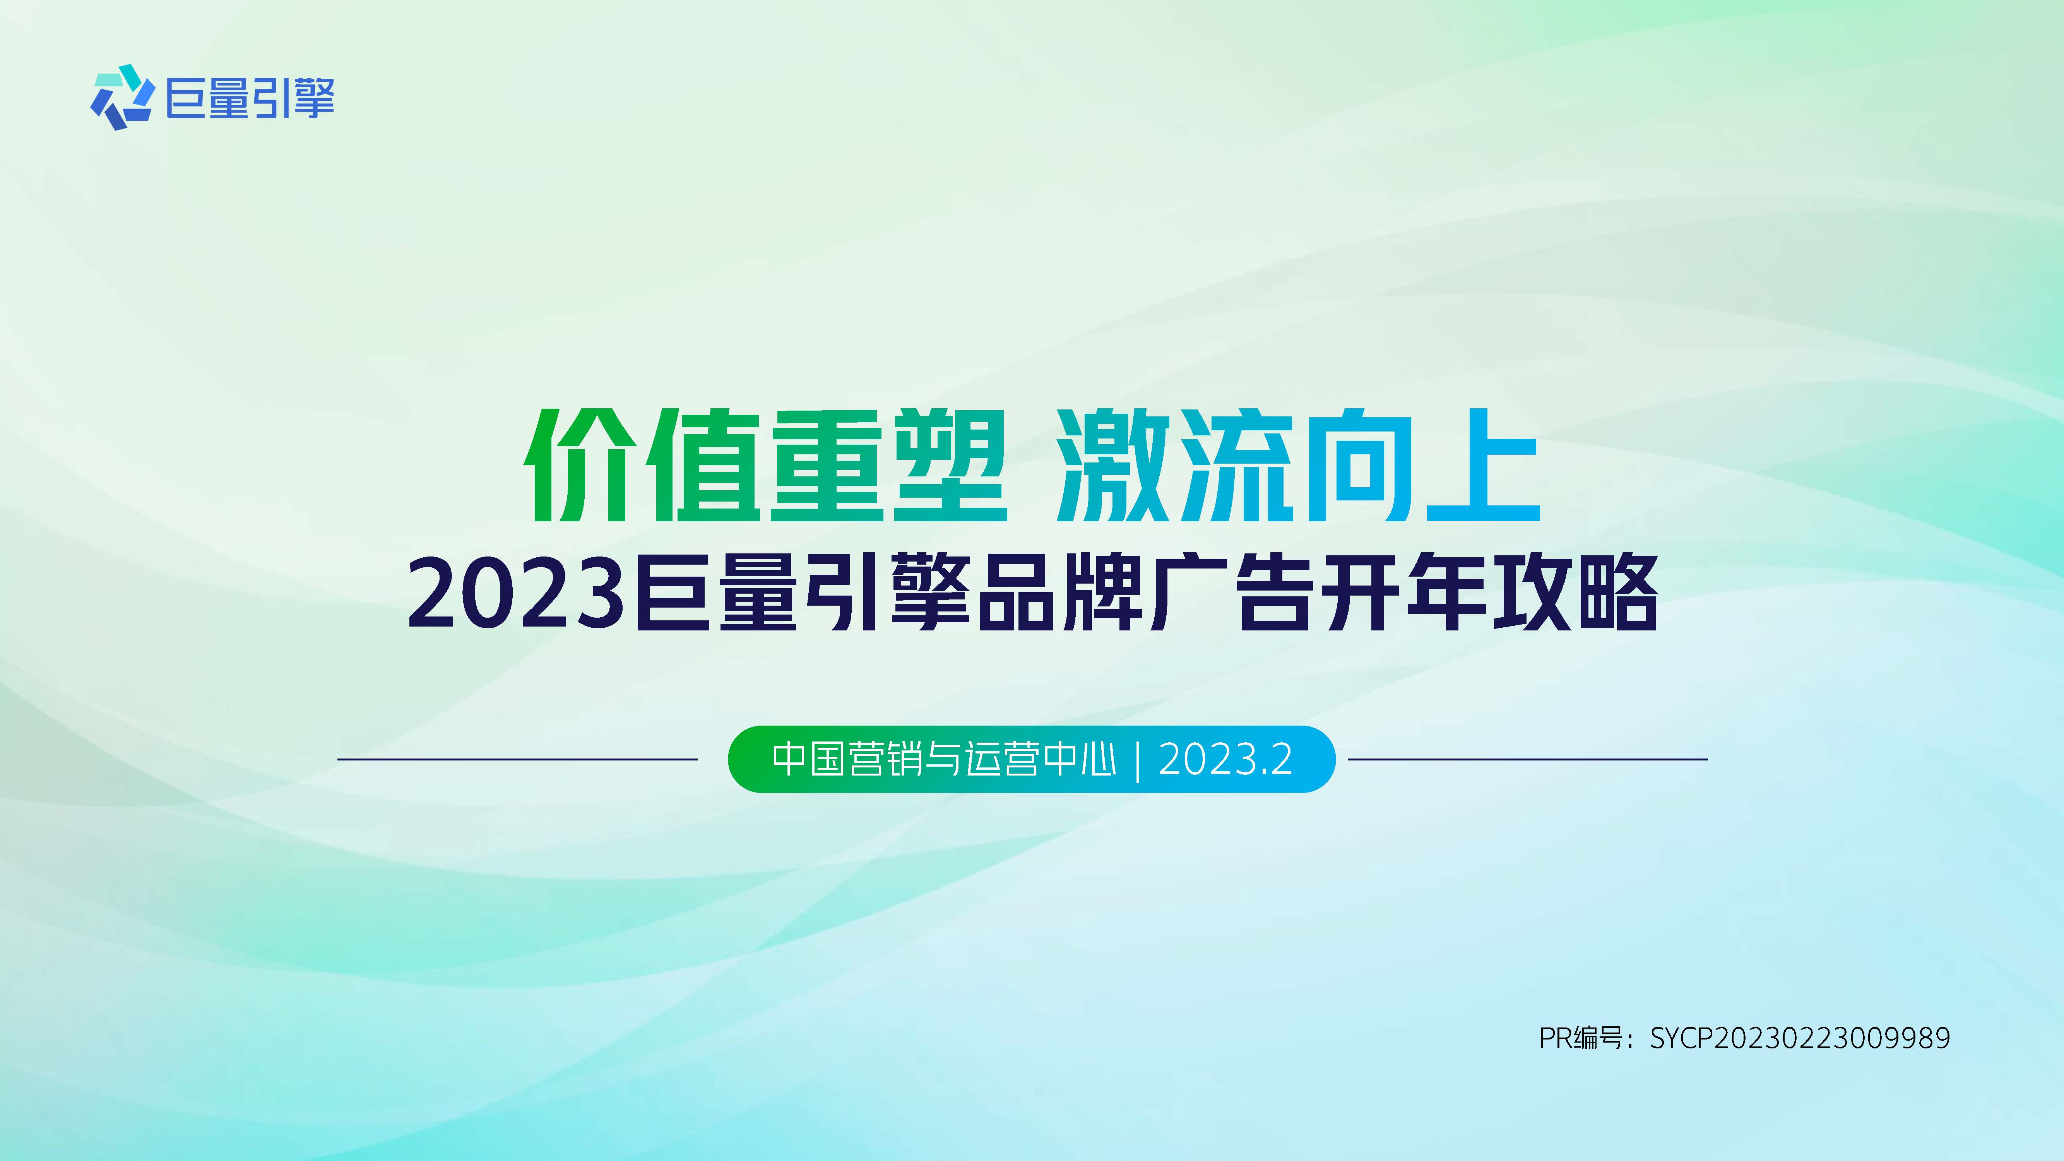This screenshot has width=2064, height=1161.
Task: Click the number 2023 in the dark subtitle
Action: click(x=517, y=594)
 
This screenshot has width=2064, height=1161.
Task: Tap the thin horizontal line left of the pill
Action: click(x=517, y=759)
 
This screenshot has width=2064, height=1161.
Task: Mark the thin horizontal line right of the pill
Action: click(x=1527, y=759)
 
